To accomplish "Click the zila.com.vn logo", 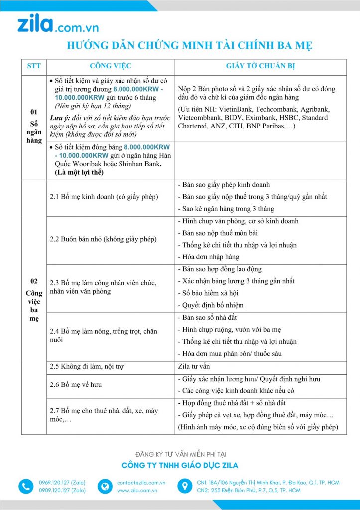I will tap(58, 25).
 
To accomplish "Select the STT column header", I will tap(34, 66).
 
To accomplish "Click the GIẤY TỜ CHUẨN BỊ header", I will tap(260, 66).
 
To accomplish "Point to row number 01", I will tap(34, 112).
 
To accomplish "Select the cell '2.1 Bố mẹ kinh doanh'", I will tap(103, 197).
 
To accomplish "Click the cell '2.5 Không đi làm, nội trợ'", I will tap(87, 366).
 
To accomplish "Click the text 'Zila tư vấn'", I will tap(194, 366).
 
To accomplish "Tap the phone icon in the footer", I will tap(25, 487).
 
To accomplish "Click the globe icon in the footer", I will tap(105, 487).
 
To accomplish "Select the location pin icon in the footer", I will tap(184, 487).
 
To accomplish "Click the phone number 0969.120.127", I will tap(62, 483).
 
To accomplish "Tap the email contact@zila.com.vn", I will tap(141, 483).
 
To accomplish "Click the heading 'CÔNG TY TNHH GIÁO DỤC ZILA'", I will tap(180, 466).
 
